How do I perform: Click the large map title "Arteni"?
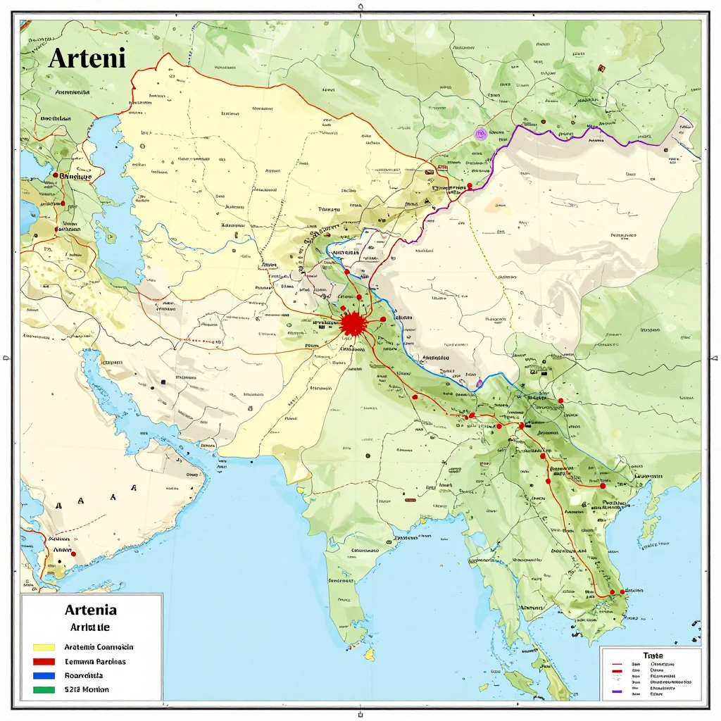click(x=87, y=58)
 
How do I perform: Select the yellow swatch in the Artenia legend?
click(x=44, y=647)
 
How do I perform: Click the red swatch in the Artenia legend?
click(x=44, y=662)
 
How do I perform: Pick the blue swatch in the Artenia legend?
click(x=44, y=676)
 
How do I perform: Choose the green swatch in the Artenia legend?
click(x=44, y=690)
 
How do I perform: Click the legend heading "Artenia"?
click(x=90, y=610)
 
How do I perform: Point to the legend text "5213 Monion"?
click(x=87, y=689)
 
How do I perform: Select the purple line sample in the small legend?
click(x=617, y=693)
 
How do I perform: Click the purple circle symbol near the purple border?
click(x=482, y=132)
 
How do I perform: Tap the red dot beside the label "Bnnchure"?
click(x=54, y=175)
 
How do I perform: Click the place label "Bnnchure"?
click(x=75, y=177)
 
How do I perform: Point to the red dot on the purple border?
click(x=468, y=186)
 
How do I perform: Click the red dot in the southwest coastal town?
click(x=73, y=554)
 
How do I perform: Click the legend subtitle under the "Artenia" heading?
click(x=90, y=627)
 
